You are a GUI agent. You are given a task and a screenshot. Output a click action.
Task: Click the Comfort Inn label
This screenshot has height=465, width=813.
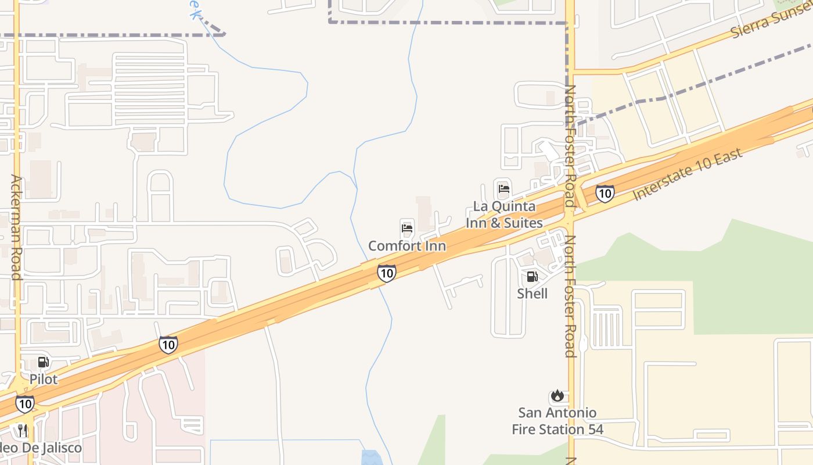click(407, 246)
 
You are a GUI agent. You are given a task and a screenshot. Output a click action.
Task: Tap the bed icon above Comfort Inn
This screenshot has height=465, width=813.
click(407, 228)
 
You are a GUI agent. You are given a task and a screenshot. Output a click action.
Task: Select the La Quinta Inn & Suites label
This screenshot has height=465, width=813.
click(504, 214)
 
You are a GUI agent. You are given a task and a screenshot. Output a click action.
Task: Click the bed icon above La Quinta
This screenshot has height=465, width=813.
click(504, 189)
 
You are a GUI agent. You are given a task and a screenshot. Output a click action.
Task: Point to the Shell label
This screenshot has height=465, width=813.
click(532, 294)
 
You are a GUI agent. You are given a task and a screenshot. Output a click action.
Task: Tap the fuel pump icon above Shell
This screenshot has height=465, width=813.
click(532, 277)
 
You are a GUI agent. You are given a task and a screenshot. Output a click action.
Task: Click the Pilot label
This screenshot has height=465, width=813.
click(44, 380)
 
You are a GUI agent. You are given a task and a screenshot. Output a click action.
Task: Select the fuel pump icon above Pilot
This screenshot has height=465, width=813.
click(44, 362)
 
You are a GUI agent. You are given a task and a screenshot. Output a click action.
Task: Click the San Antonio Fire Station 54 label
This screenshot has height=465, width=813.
click(557, 421)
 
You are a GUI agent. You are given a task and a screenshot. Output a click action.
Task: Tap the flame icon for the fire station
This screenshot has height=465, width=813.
click(557, 396)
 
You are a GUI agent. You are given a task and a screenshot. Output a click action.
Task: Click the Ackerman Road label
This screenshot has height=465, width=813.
click(16, 227)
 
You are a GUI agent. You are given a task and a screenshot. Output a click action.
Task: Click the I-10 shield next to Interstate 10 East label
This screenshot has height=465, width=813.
click(605, 194)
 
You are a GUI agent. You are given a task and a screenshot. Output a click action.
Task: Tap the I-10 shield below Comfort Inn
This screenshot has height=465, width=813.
click(387, 273)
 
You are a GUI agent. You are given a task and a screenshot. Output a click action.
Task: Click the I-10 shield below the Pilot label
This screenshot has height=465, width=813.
click(24, 404)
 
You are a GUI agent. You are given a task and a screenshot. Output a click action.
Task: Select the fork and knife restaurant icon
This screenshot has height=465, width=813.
click(23, 431)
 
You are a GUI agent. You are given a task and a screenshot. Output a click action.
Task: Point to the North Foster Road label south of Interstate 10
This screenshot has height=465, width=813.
click(570, 296)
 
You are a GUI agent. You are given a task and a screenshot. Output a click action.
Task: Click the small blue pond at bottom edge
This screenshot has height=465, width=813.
click(372, 457)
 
